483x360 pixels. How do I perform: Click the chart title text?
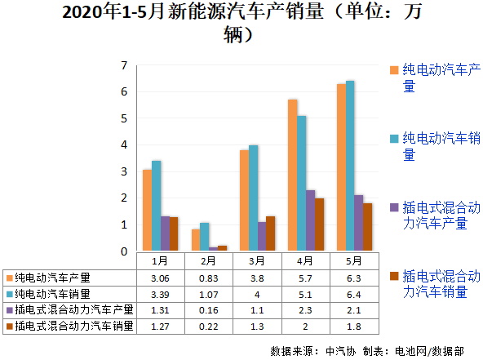241,23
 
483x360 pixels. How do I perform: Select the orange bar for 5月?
341,167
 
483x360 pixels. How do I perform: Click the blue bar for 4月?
301,183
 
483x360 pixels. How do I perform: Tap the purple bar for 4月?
310,220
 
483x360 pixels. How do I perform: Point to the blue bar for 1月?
156,206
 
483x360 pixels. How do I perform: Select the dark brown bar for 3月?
271,233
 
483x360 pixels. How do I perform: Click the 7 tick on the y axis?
124,65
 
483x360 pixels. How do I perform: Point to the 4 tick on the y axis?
124,145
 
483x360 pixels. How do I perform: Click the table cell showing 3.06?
160,278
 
